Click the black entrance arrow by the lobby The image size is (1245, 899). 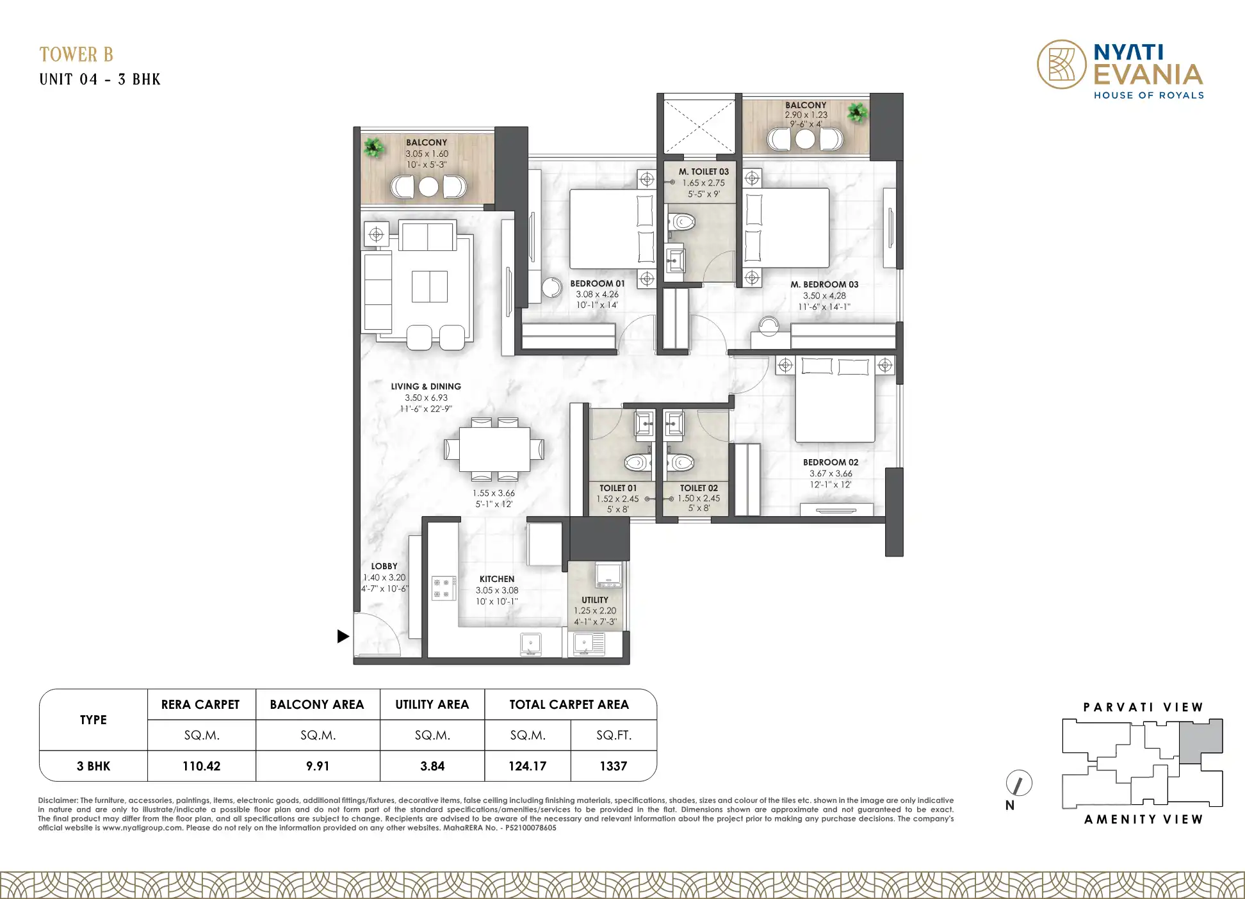(343, 636)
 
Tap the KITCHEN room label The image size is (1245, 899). (497, 579)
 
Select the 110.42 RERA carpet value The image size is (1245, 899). (201, 766)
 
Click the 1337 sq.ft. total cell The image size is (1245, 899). (613, 766)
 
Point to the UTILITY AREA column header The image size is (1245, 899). (432, 704)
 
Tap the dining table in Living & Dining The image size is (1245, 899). (494, 449)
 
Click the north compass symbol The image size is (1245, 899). (1019, 783)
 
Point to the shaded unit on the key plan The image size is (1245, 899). (1201, 741)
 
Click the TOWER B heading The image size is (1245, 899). (76, 54)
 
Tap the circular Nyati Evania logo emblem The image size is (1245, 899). (1062, 65)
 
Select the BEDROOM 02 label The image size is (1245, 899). (831, 462)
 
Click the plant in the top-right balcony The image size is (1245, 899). (858, 113)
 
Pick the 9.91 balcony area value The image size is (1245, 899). (318, 766)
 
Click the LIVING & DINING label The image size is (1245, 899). (426, 386)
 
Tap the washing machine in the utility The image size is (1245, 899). (608, 574)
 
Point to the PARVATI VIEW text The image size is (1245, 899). (1143, 707)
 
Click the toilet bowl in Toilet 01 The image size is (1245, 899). (637, 462)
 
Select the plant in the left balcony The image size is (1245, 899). (374, 147)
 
